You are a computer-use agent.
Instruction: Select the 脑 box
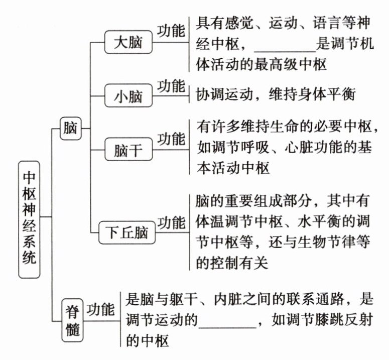[x=69, y=128]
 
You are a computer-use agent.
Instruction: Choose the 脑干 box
[x=128, y=150]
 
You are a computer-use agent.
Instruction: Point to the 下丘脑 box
[x=128, y=232]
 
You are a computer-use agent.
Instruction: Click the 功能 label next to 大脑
[x=171, y=31]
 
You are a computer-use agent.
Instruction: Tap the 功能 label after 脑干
[x=171, y=139]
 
